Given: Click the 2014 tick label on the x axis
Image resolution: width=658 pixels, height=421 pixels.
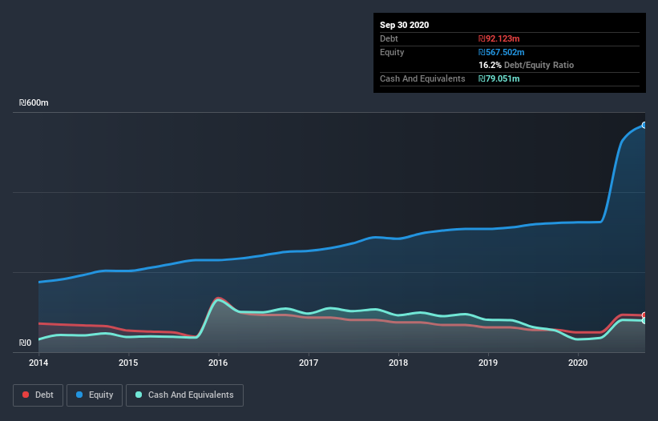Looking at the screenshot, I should pyautogui.click(x=38, y=363).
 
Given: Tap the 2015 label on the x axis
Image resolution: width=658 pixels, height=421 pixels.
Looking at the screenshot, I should pyautogui.click(x=128, y=363).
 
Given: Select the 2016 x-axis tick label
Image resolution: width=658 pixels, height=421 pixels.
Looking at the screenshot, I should pyautogui.click(x=218, y=363).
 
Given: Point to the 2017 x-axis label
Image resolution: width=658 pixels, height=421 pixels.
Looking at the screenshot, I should pyautogui.click(x=309, y=363).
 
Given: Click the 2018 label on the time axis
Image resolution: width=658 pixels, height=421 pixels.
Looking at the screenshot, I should pyautogui.click(x=398, y=363).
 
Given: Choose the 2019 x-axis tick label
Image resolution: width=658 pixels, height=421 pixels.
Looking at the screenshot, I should pyautogui.click(x=488, y=363).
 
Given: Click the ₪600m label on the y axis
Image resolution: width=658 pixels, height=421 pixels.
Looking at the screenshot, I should pyautogui.click(x=34, y=103).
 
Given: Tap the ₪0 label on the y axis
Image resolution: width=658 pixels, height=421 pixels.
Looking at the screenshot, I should pyautogui.click(x=26, y=343).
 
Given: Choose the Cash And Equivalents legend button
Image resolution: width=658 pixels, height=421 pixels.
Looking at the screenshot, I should pyautogui.click(x=184, y=395).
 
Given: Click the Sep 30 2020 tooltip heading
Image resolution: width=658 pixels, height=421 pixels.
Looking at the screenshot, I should pyautogui.click(x=405, y=25).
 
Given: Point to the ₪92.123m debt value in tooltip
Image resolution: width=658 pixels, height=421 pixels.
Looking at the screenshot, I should pyautogui.click(x=499, y=38).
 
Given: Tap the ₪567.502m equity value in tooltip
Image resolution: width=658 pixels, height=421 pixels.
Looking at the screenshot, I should pyautogui.click(x=501, y=52).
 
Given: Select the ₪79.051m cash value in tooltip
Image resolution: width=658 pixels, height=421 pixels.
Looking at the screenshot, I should pyautogui.click(x=499, y=78).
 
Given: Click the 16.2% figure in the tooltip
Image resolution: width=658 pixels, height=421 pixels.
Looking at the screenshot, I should pyautogui.click(x=489, y=65).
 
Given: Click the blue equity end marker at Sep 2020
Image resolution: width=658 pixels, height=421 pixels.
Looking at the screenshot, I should pyautogui.click(x=644, y=125).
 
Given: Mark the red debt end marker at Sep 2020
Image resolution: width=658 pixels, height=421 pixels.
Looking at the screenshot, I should pyautogui.click(x=644, y=315).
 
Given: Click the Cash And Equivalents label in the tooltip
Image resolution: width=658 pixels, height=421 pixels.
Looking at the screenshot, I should pyautogui.click(x=422, y=78).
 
